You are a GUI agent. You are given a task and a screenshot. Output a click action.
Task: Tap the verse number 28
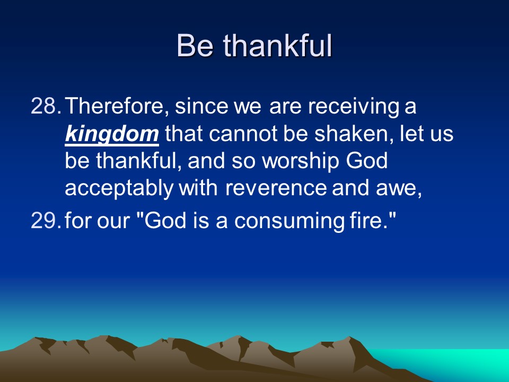(46, 106)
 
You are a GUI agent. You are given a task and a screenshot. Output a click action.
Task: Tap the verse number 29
(46, 220)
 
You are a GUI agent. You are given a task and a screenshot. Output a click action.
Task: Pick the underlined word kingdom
(112, 134)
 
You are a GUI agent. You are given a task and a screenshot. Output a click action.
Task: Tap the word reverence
(276, 188)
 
